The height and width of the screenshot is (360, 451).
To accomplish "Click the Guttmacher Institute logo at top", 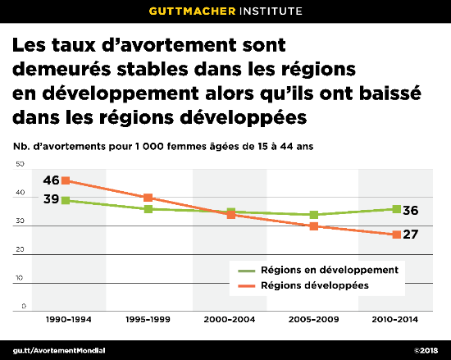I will [x=225, y=11].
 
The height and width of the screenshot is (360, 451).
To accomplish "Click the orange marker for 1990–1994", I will [x=65, y=180].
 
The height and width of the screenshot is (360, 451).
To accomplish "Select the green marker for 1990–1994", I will [x=65, y=200].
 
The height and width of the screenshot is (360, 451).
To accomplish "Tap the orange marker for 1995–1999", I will [x=148, y=198].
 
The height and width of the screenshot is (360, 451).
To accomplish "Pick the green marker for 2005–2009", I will [x=313, y=215].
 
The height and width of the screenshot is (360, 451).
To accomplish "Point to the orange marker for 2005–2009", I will [x=313, y=226].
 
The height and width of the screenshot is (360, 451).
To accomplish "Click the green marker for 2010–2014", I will [x=396, y=209].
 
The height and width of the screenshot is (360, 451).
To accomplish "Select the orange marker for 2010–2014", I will [x=396, y=235].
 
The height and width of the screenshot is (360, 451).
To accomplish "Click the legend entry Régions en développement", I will [x=328, y=270].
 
